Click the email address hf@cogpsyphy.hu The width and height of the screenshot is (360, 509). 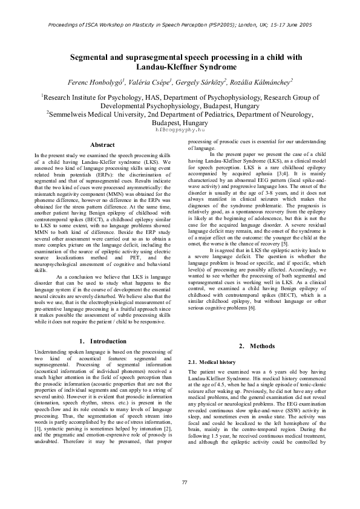pos(180,129)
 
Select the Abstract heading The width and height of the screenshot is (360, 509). pos(102,144)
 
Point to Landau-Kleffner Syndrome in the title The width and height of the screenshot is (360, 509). pos(180,67)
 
